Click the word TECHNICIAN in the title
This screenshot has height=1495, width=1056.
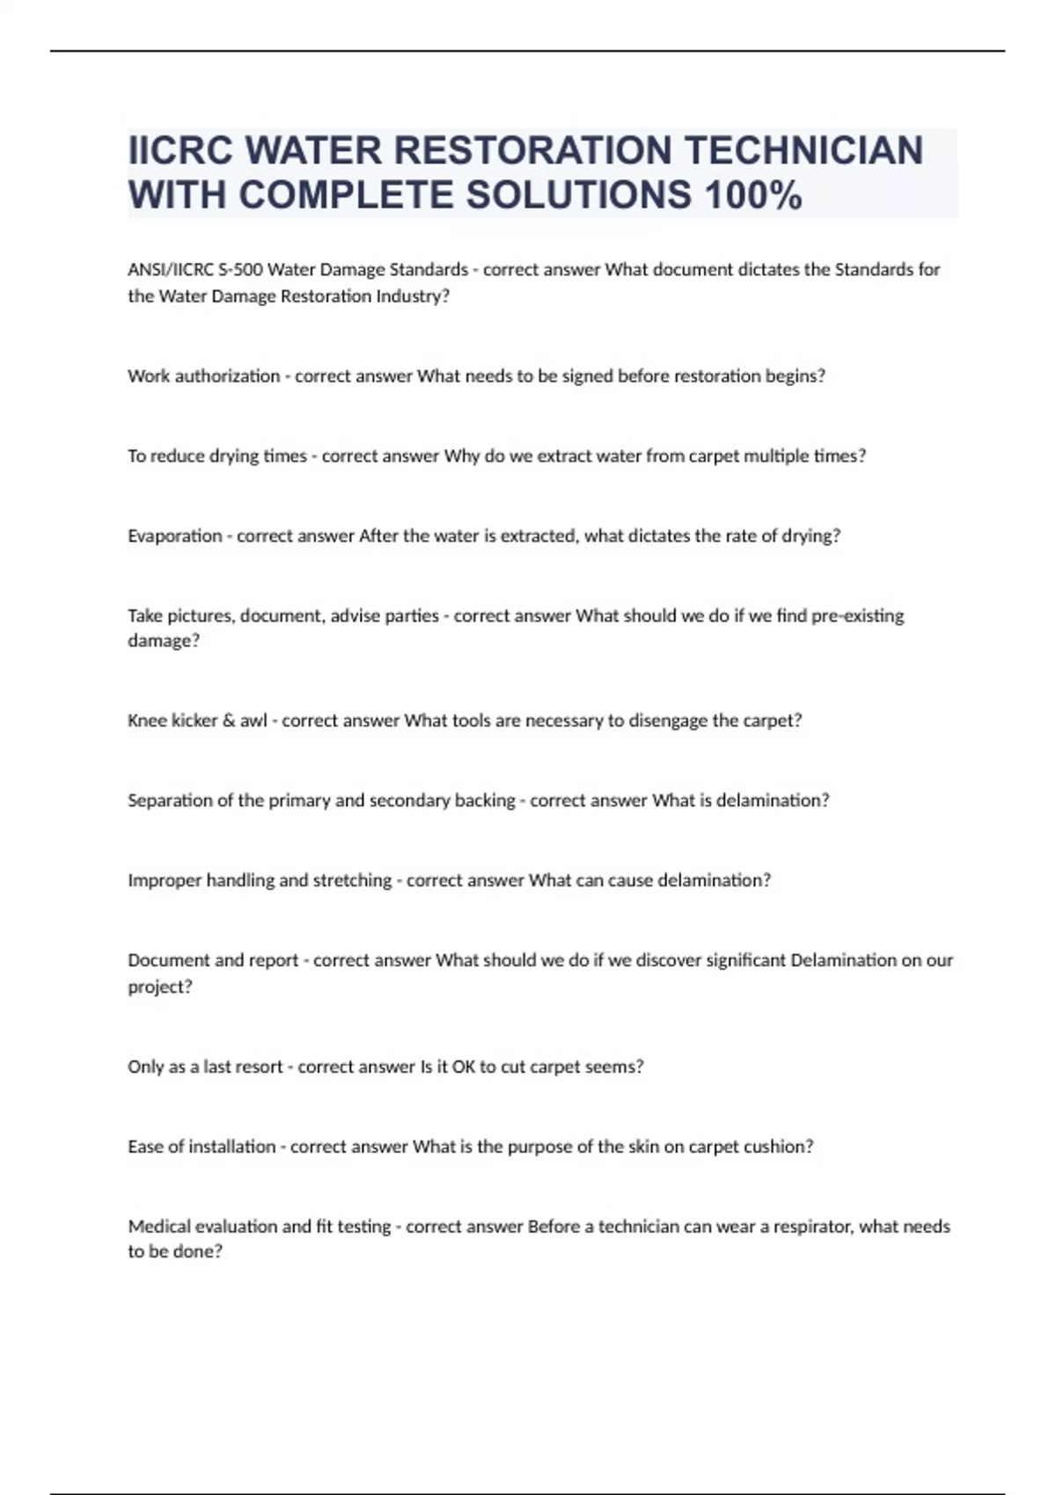pos(803,150)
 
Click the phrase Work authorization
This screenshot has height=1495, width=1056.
pos(203,376)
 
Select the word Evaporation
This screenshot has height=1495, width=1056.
pos(174,536)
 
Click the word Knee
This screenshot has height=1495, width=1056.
pos(146,720)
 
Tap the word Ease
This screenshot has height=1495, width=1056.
pos(145,1147)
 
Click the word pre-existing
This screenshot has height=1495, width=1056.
pos(857,616)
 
